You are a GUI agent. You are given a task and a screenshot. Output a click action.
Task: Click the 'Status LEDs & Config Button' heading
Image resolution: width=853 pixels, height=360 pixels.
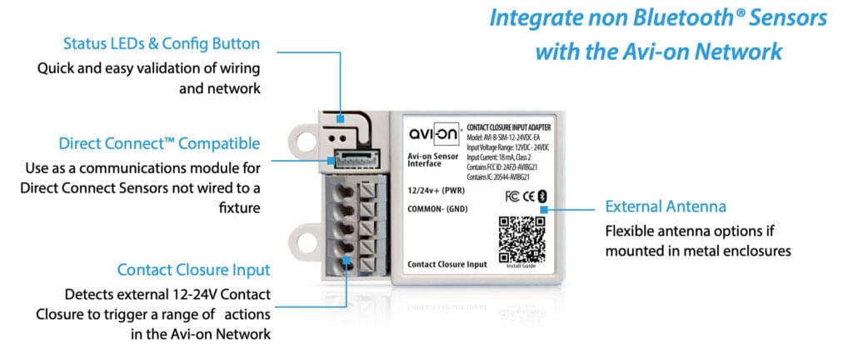pos(162,43)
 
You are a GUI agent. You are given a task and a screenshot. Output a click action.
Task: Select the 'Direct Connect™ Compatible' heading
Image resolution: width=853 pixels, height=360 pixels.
pos(159,143)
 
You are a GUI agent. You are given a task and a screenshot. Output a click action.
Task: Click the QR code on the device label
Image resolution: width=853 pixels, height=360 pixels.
pos(522,238)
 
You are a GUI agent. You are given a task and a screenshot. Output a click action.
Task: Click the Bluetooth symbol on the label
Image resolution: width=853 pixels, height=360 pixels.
pos(540,196)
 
